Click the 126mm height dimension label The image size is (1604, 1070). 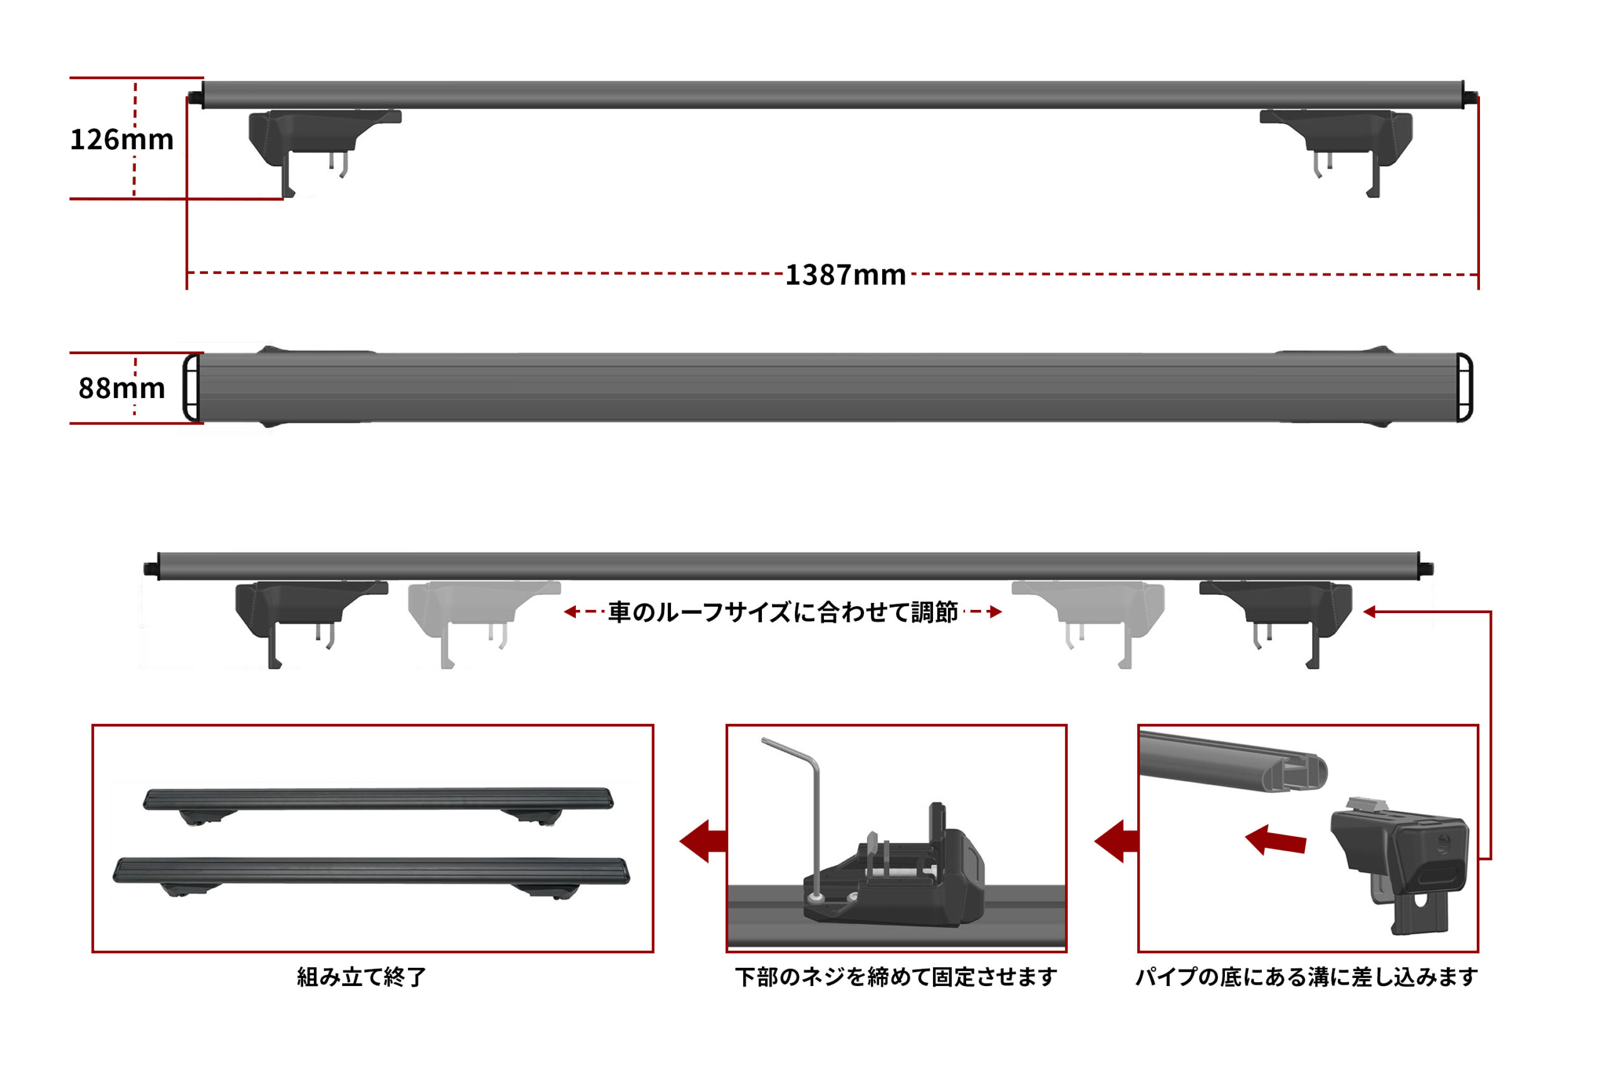coord(122,139)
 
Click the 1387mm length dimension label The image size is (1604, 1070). coord(846,275)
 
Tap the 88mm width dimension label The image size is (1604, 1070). coord(122,388)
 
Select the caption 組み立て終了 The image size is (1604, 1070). coord(362,977)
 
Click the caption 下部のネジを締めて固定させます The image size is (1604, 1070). coord(895,977)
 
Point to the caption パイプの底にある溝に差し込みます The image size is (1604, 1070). coord(1306,977)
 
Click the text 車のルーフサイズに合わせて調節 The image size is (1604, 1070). coord(783,612)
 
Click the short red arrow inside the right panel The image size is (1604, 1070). coord(1275,840)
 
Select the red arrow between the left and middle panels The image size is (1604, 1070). coord(702,841)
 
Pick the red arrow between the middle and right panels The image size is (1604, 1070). coord(1117,841)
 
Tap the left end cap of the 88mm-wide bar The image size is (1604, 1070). coord(192,387)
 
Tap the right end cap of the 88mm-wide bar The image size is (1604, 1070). coord(1464,387)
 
